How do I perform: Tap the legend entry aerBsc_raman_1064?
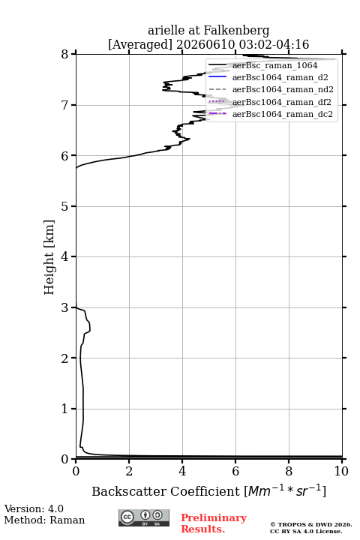click(x=275, y=65)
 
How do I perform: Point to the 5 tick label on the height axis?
click(x=64, y=206)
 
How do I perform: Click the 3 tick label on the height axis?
click(x=64, y=307)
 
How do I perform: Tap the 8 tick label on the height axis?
click(x=64, y=54)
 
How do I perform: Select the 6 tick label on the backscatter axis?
click(x=235, y=471)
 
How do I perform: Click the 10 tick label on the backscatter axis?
click(x=341, y=471)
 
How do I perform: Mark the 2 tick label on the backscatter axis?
click(x=129, y=471)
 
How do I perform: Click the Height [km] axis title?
click(x=49, y=257)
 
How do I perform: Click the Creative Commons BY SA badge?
click(x=144, y=518)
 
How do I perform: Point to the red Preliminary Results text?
click(x=214, y=523)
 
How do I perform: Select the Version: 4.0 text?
click(x=34, y=508)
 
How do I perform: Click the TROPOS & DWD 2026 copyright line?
click(x=311, y=524)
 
